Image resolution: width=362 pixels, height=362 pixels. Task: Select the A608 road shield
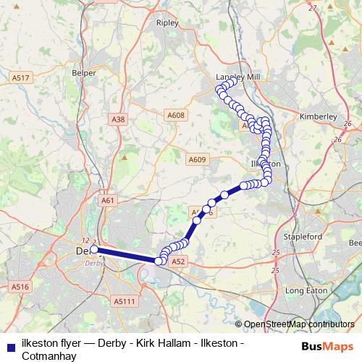[x=176, y=114]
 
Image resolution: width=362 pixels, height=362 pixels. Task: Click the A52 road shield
[x=180, y=261]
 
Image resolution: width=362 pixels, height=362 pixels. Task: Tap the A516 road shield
[x=20, y=287]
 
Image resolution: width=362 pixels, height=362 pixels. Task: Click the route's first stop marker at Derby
[x=94, y=249]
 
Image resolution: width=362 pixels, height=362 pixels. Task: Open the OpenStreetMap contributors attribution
[x=298, y=324]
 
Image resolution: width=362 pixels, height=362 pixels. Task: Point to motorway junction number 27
[x=313, y=7]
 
